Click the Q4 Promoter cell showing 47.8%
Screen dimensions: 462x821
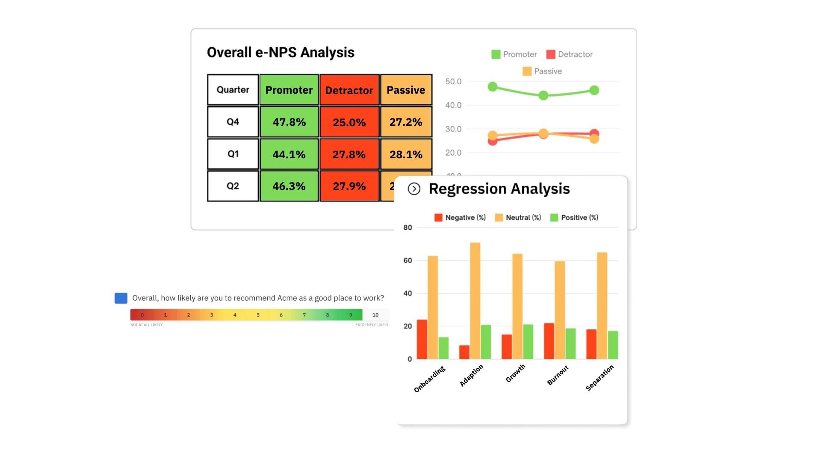click(289, 122)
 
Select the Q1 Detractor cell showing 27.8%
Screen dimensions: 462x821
click(349, 154)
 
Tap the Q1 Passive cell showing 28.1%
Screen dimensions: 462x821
click(406, 154)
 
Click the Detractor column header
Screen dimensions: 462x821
click(349, 90)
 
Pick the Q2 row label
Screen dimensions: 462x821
click(233, 186)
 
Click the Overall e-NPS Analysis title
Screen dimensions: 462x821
click(281, 53)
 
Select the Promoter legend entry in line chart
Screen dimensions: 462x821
click(514, 54)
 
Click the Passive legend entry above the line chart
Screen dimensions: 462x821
click(542, 71)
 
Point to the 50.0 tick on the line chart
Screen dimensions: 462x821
click(453, 82)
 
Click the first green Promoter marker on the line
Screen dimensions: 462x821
click(493, 87)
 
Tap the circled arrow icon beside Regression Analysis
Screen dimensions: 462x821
click(414, 189)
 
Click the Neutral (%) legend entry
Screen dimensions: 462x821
click(518, 217)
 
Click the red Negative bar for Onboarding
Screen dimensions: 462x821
click(422, 339)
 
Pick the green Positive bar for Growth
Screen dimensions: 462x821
click(528, 341)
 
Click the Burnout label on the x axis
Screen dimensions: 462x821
click(558, 375)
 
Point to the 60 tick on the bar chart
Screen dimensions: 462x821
click(408, 261)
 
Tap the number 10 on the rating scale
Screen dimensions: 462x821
click(375, 315)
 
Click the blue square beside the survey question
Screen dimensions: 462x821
click(121, 298)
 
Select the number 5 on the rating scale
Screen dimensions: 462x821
click(258, 315)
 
